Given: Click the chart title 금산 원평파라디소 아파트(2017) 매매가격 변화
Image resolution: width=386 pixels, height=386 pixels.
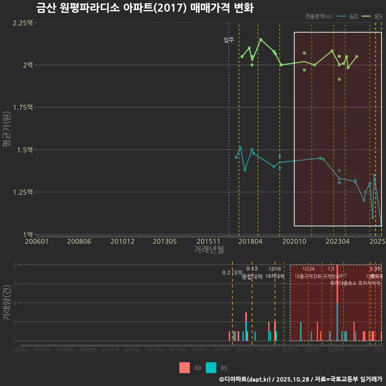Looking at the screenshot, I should pos(145,8).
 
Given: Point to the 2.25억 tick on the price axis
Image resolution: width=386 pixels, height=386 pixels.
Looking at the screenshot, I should pos(23,23).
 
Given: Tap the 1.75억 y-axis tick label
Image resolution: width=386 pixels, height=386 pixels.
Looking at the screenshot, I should pos(23,107).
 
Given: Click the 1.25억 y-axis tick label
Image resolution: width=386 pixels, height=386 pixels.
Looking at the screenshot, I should pos(23,192).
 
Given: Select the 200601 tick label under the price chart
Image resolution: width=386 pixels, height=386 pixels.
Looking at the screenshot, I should pos(37,242).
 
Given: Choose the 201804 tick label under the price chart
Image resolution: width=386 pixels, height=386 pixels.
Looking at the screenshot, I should pos(250,242).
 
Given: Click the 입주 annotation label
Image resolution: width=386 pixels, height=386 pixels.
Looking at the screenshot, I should pos(228,40).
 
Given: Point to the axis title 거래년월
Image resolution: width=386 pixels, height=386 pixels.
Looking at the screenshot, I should pos(209,250).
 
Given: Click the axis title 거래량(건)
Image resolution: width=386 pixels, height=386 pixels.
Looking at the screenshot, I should pos(6,303).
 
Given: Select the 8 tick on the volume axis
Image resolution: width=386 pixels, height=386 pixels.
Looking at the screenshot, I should pos(14,265).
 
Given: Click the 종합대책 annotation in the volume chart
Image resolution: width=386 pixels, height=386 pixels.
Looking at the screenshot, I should pos(252,277).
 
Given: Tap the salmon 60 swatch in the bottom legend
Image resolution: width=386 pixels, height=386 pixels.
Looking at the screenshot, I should pos(185,368).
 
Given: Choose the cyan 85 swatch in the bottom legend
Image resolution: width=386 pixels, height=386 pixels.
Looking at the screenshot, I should pos(211,368).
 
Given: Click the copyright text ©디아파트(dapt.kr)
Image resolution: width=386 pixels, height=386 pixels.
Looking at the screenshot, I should pos(245,379).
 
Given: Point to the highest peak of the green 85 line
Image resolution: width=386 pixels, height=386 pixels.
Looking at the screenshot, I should pos(261,39).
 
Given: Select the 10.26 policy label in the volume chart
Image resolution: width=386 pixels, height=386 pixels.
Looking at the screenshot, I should pos(308,269).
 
